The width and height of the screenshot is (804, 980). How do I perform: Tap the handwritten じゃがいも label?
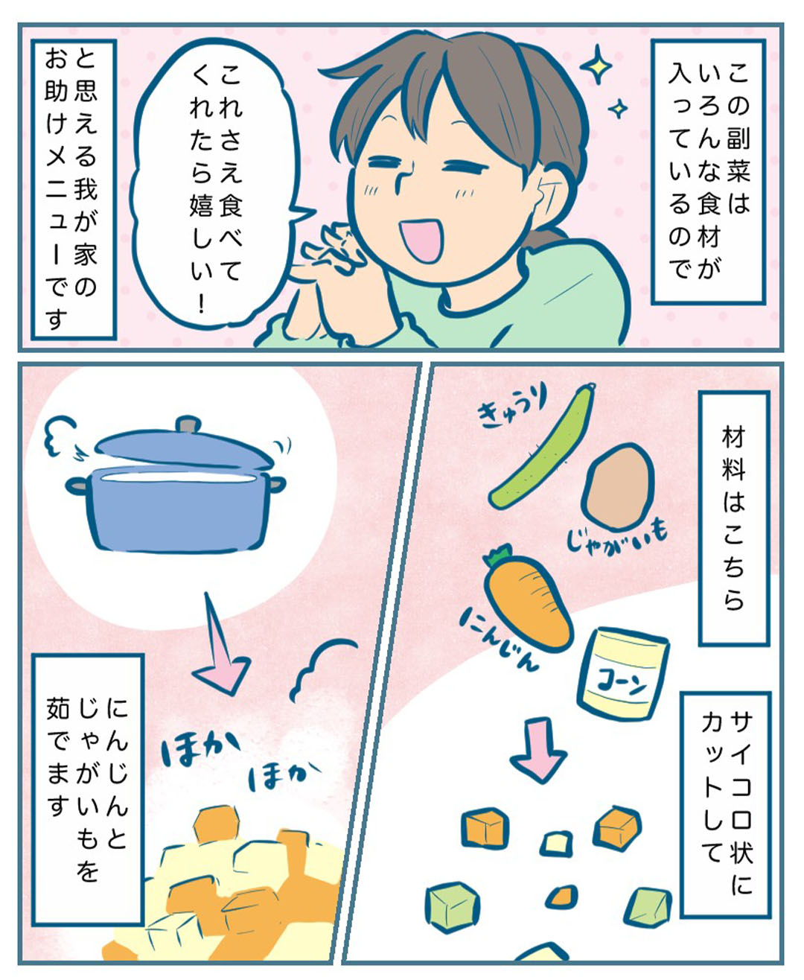tap(616, 539)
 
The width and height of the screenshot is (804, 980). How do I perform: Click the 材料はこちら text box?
tap(734, 518)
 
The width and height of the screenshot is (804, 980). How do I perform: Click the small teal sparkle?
tap(618, 109)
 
